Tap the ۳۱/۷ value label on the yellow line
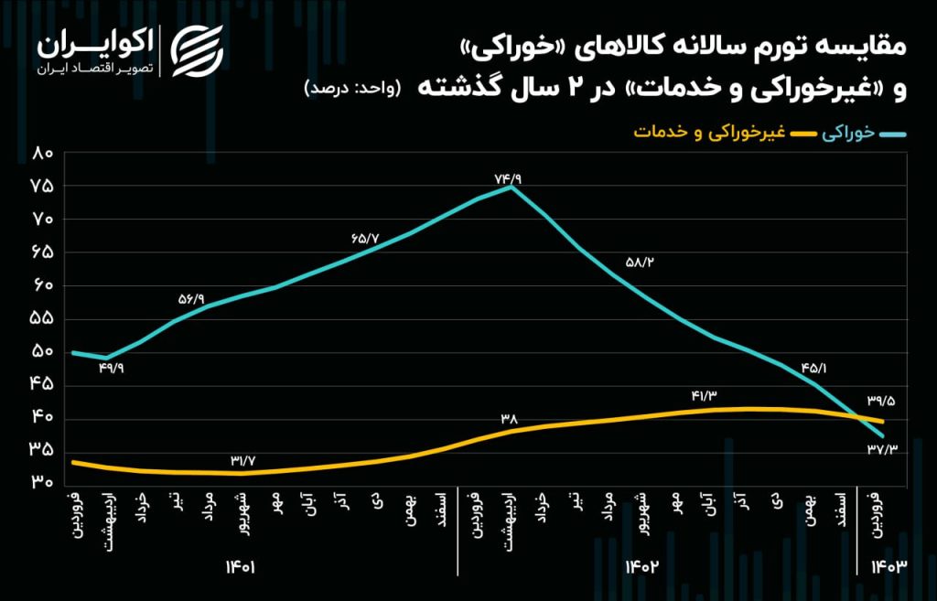246,460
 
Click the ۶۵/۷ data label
364,238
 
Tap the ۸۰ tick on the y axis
42,153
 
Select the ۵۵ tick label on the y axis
42,319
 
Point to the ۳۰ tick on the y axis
42,484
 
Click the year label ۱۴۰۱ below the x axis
242,567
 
